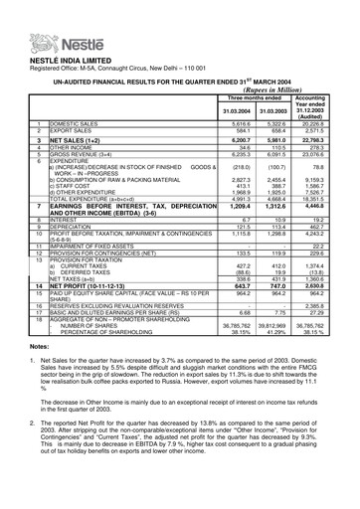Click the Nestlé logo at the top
point(45,17)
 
